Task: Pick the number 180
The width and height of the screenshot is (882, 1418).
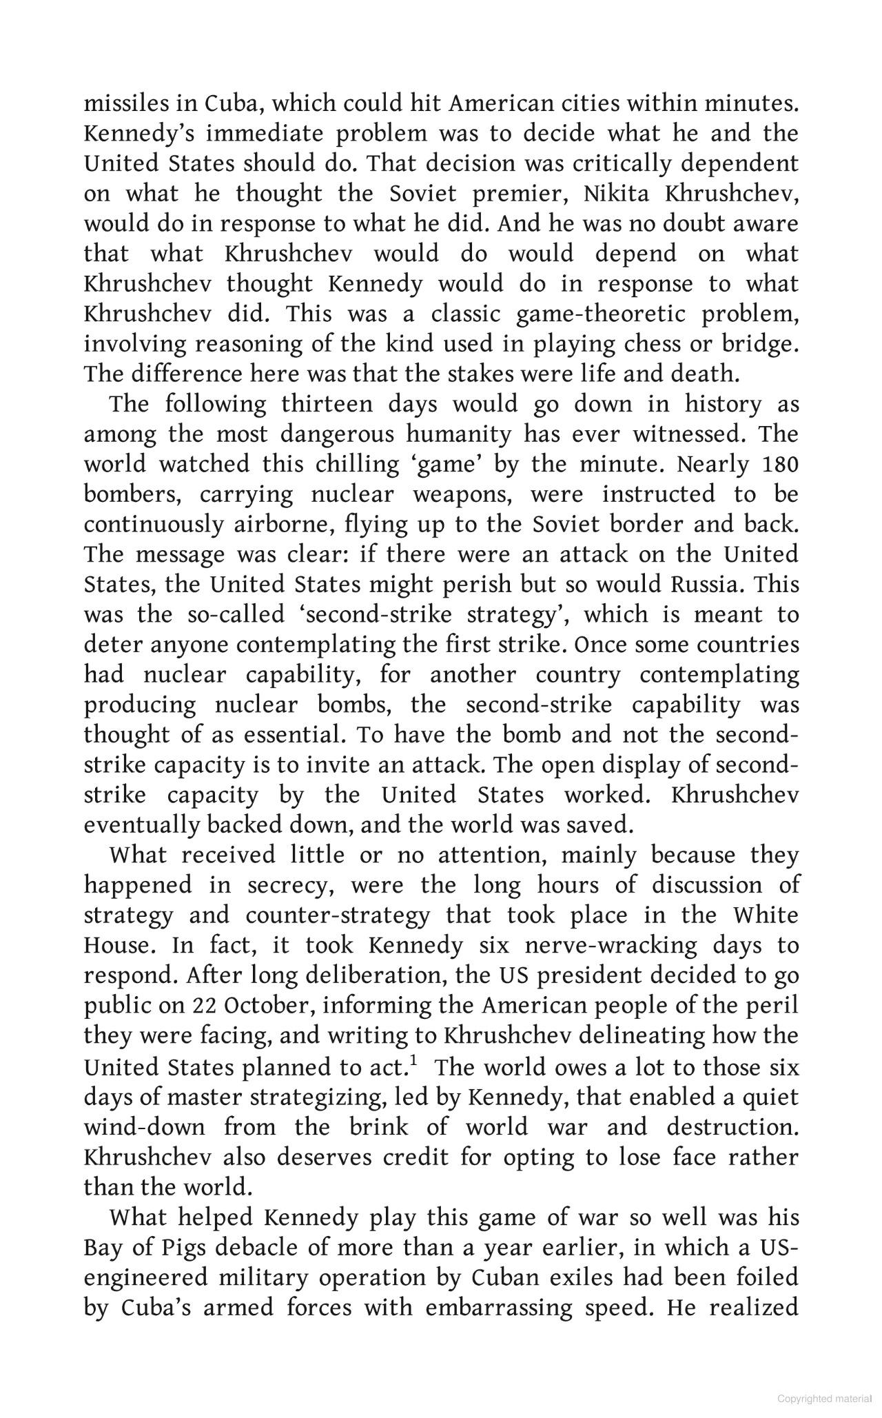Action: pyautogui.click(x=781, y=464)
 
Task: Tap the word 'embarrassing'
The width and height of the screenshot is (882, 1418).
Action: pyautogui.click(x=499, y=1308)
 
